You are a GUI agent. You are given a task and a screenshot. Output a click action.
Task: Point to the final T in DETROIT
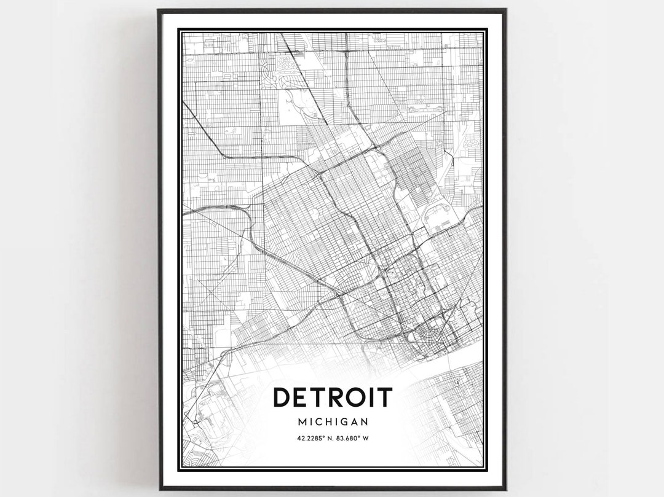[384, 397]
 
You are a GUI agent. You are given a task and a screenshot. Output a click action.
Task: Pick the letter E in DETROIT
[301, 397]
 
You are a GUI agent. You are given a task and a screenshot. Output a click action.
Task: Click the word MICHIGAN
[332, 422]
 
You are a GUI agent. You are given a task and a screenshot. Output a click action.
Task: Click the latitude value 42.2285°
[310, 438]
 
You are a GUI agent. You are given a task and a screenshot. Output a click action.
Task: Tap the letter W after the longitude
[365, 438]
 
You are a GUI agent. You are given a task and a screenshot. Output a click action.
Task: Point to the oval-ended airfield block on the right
[438, 214]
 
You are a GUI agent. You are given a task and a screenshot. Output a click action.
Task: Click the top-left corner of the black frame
[159, 10]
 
